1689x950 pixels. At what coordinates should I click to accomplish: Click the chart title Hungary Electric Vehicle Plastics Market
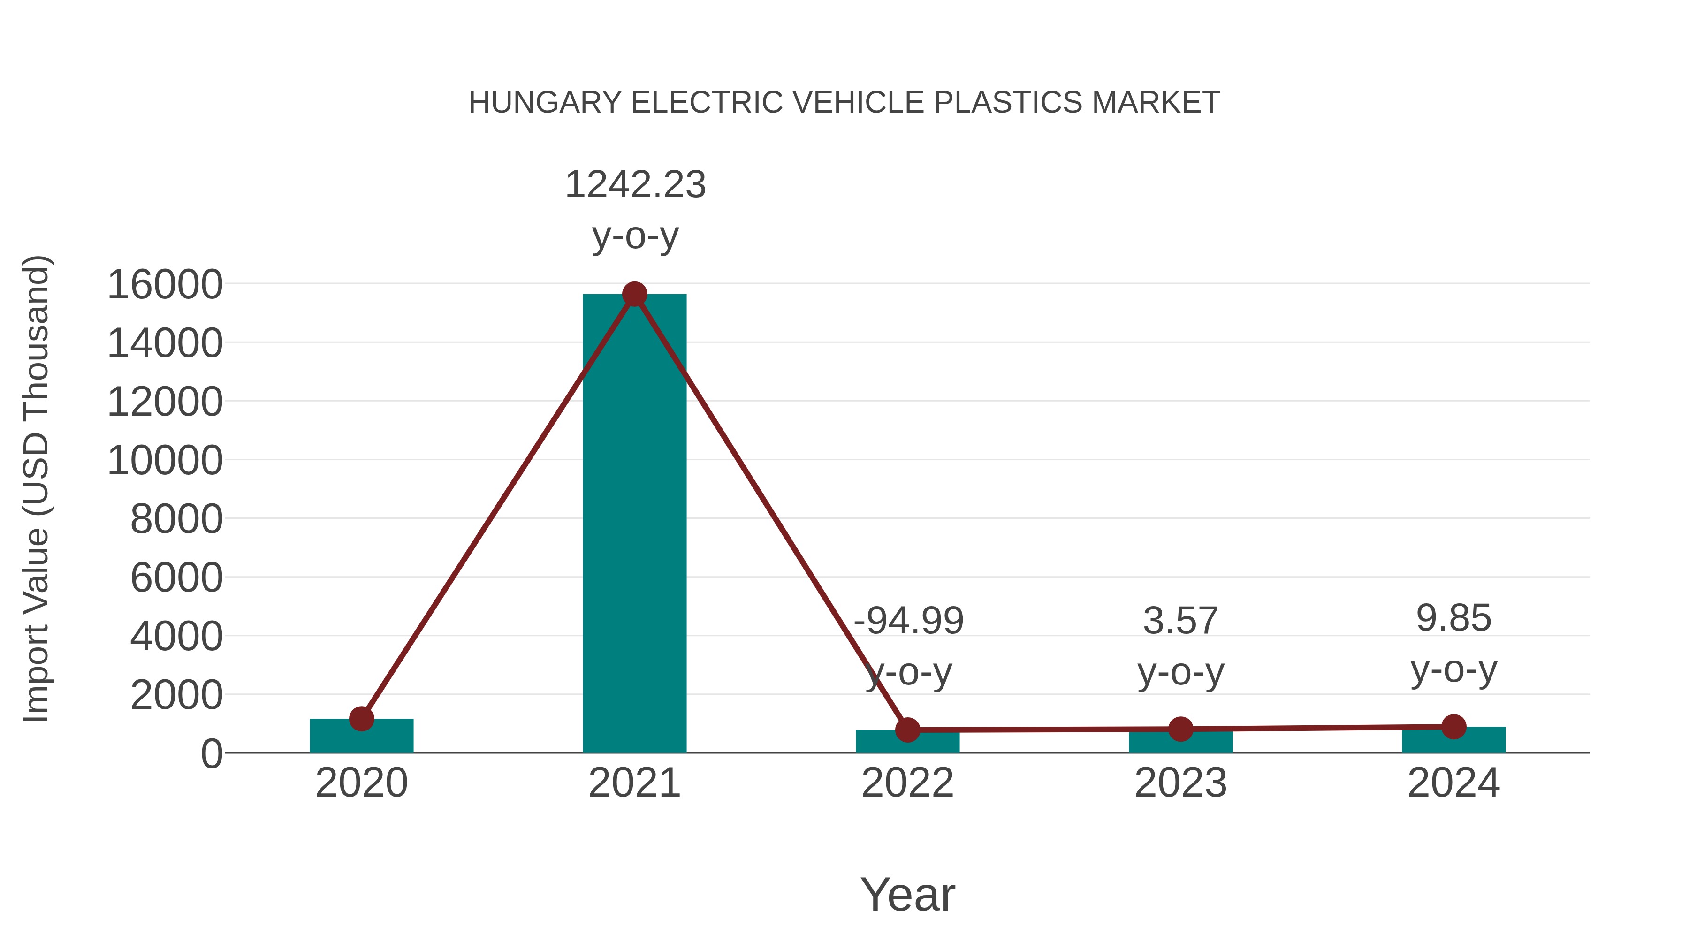(844, 103)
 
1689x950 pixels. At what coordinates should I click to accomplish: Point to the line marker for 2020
(361, 719)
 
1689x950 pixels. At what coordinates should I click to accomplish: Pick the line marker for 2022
(907, 729)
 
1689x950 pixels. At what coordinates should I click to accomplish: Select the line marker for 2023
(1180, 729)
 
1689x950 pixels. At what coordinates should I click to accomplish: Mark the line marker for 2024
(1453, 726)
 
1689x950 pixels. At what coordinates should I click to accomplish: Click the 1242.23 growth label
(635, 184)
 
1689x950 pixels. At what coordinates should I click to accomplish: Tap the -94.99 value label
(908, 620)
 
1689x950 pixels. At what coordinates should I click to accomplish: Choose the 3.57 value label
(1180, 620)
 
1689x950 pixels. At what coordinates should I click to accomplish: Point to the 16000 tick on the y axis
(165, 285)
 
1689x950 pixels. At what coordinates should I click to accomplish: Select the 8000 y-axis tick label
(176, 519)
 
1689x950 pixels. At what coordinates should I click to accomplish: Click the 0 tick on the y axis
(211, 753)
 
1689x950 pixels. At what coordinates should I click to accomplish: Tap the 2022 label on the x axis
(907, 783)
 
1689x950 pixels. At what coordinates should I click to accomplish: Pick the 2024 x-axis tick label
(1453, 783)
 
